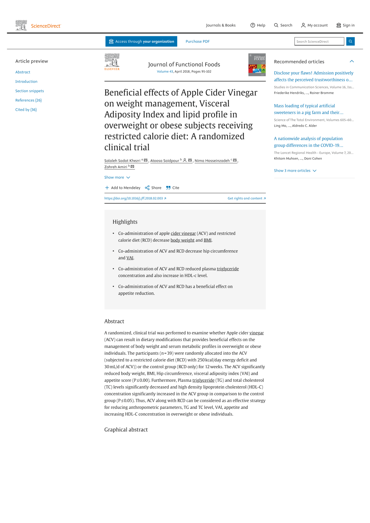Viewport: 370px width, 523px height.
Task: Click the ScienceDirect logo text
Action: tap(46, 26)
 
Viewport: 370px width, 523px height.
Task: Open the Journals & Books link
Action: tap(221, 25)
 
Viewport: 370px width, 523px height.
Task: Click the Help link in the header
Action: tap(258, 25)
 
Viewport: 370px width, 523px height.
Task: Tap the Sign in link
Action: tap(345, 25)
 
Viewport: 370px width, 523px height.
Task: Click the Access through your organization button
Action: tap(141, 41)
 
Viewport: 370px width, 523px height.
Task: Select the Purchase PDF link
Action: tap(198, 41)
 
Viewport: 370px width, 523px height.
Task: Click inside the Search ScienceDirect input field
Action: tap(319, 41)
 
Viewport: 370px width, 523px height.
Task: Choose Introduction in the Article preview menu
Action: tap(26, 82)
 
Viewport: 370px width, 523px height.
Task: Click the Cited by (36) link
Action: tap(26, 110)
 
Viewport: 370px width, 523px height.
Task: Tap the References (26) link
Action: tap(28, 100)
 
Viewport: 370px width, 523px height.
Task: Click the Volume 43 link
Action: tap(165, 72)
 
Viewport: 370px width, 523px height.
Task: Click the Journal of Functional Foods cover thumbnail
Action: tap(257, 65)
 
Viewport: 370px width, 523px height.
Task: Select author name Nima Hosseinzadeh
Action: tap(212, 161)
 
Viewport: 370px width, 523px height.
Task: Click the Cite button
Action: tap(173, 188)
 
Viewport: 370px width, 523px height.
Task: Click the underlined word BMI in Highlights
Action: tap(208, 240)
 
